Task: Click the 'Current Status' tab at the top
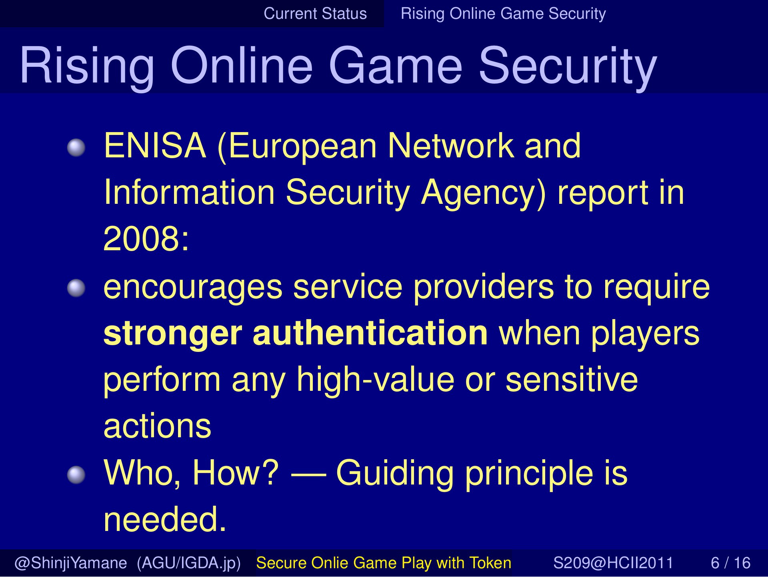coord(315,14)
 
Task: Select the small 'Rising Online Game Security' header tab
coord(503,14)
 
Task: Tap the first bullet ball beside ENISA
coord(76,148)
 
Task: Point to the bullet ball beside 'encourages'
coord(76,288)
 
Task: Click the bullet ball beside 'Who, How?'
coord(76,475)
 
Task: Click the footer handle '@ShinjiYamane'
coord(71,563)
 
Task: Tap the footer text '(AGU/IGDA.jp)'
coord(189,563)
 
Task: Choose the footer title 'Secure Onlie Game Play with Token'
coord(384,563)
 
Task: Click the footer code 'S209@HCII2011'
coord(614,563)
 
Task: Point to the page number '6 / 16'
coord(731,563)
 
